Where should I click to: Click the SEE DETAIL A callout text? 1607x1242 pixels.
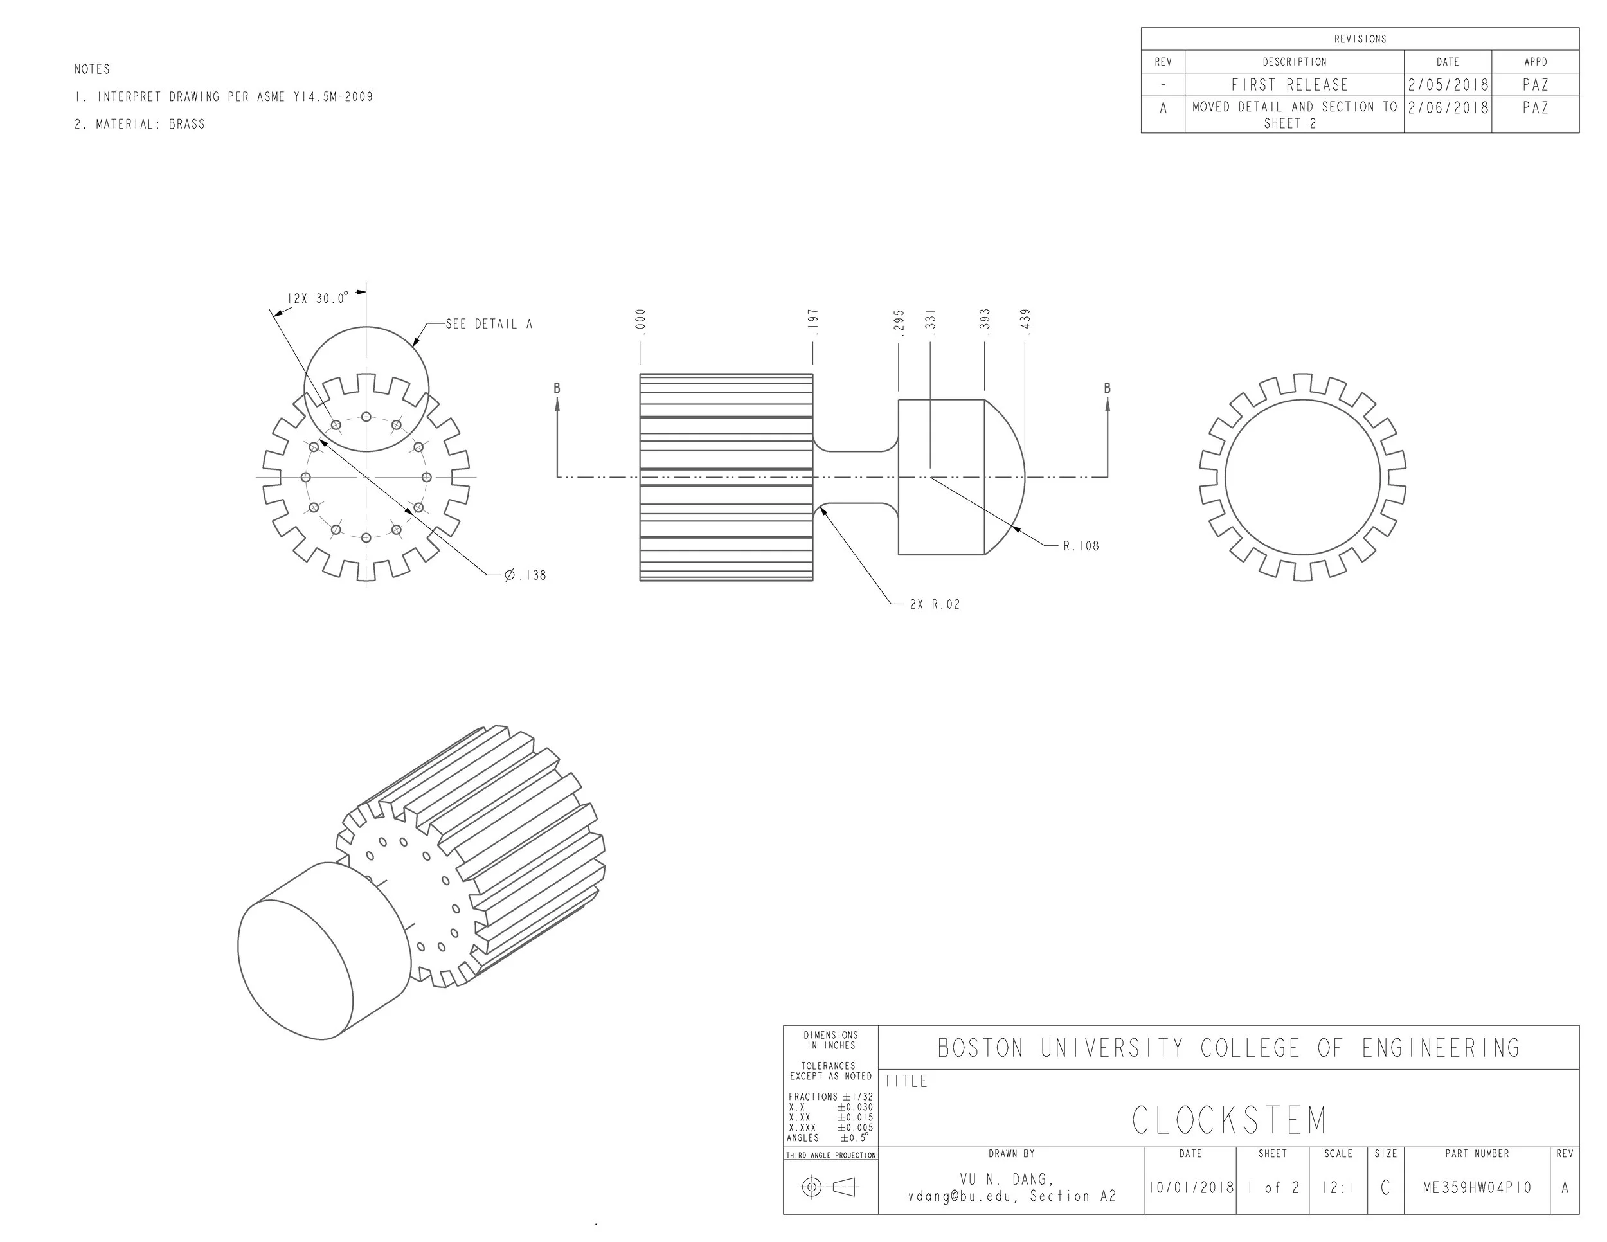pos(489,324)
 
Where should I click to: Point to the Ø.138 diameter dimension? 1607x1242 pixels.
pos(525,575)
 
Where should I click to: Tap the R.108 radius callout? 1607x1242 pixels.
pos(1081,546)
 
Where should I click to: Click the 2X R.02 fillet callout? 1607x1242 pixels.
pos(935,605)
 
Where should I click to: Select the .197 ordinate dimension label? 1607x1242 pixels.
pos(813,322)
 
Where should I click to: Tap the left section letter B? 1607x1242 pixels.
pos(557,388)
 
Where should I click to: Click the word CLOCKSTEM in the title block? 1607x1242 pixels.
pos(1229,1120)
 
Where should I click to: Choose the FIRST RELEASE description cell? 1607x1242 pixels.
pos(1290,85)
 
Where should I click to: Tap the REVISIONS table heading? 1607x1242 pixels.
pos(1360,39)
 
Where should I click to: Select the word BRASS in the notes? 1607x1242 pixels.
pos(187,124)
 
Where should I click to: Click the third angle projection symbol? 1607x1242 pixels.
pos(829,1187)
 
